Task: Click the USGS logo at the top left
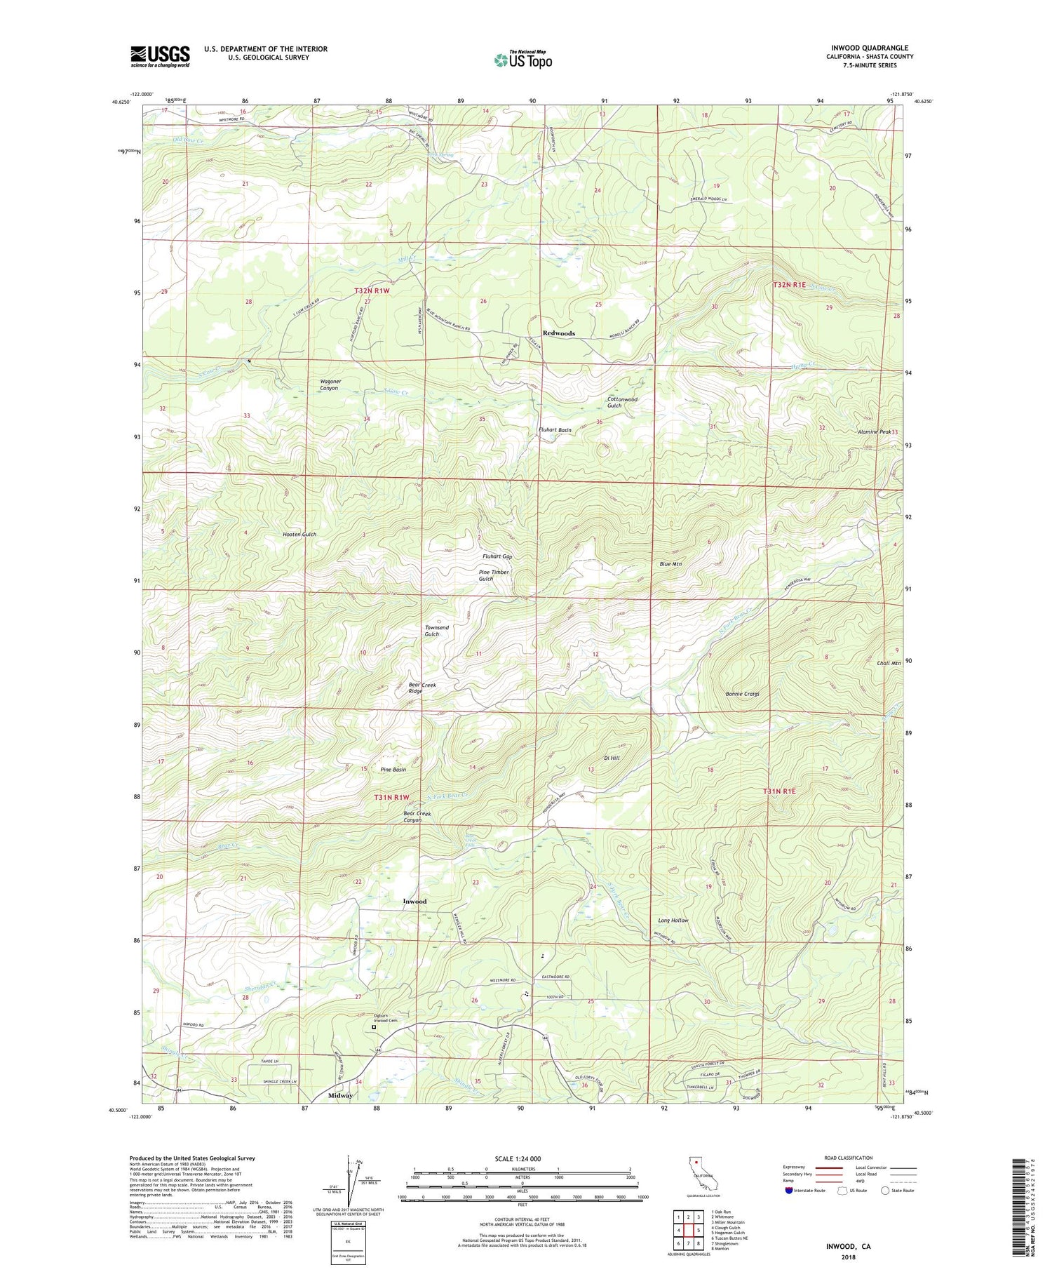(x=160, y=56)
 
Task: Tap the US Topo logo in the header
(x=522, y=60)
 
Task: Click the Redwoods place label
(x=559, y=333)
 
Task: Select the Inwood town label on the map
(x=414, y=901)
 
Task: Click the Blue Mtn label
(x=670, y=564)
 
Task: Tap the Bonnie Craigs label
(x=742, y=694)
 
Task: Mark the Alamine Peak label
(x=874, y=432)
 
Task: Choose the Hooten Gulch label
(x=299, y=534)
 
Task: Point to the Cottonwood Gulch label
(x=622, y=402)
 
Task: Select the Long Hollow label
(x=673, y=920)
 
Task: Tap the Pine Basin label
(x=393, y=770)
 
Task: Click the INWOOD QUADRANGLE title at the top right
(x=872, y=48)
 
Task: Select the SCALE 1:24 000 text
(x=522, y=1158)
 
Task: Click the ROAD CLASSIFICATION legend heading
(x=849, y=1158)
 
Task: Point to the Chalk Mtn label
(x=889, y=663)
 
